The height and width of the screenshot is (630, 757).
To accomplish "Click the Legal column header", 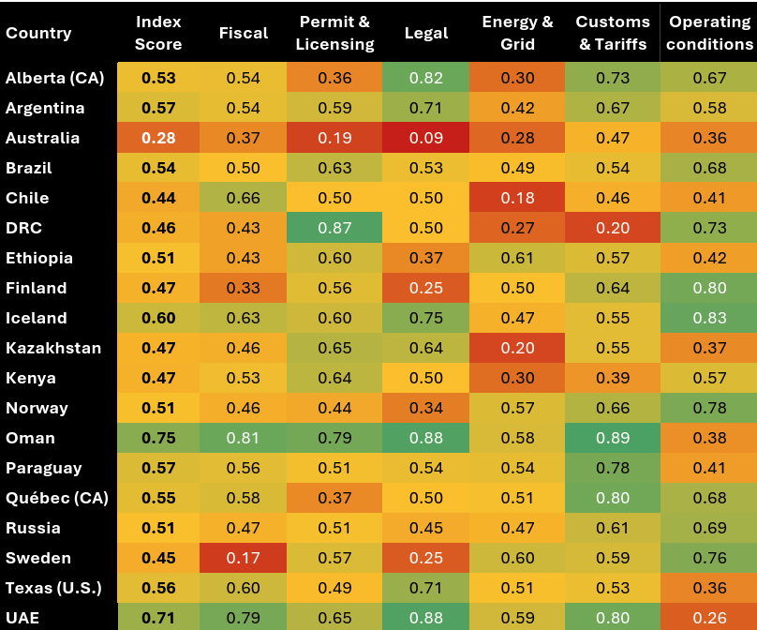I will click(425, 33).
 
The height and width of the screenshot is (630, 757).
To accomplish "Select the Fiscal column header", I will click(244, 33).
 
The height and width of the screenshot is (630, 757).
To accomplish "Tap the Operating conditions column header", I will click(710, 33).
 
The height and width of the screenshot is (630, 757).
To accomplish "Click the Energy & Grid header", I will click(517, 33).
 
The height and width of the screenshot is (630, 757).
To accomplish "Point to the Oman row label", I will click(31, 438).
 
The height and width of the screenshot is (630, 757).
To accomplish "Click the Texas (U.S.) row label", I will click(53, 588).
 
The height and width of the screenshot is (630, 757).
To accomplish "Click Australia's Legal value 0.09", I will click(425, 138).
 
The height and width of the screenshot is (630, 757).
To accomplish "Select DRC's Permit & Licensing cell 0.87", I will click(334, 228).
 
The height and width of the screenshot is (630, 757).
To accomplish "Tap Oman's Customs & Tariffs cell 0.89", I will click(613, 438).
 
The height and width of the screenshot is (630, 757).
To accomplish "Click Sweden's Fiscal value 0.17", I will click(244, 558).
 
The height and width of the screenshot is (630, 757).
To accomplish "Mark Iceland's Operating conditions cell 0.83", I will click(710, 318).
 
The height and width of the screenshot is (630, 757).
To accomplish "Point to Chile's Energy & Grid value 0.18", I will click(517, 198).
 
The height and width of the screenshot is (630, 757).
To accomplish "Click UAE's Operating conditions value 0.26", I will click(710, 618).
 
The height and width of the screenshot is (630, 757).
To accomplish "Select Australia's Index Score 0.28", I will click(158, 138).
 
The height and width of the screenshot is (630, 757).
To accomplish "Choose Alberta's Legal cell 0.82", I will click(425, 78).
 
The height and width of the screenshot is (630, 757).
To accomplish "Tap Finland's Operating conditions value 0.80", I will click(710, 288).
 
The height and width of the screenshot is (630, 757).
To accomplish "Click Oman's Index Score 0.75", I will click(158, 438).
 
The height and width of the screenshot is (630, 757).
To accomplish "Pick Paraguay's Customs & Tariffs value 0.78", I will click(613, 468).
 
